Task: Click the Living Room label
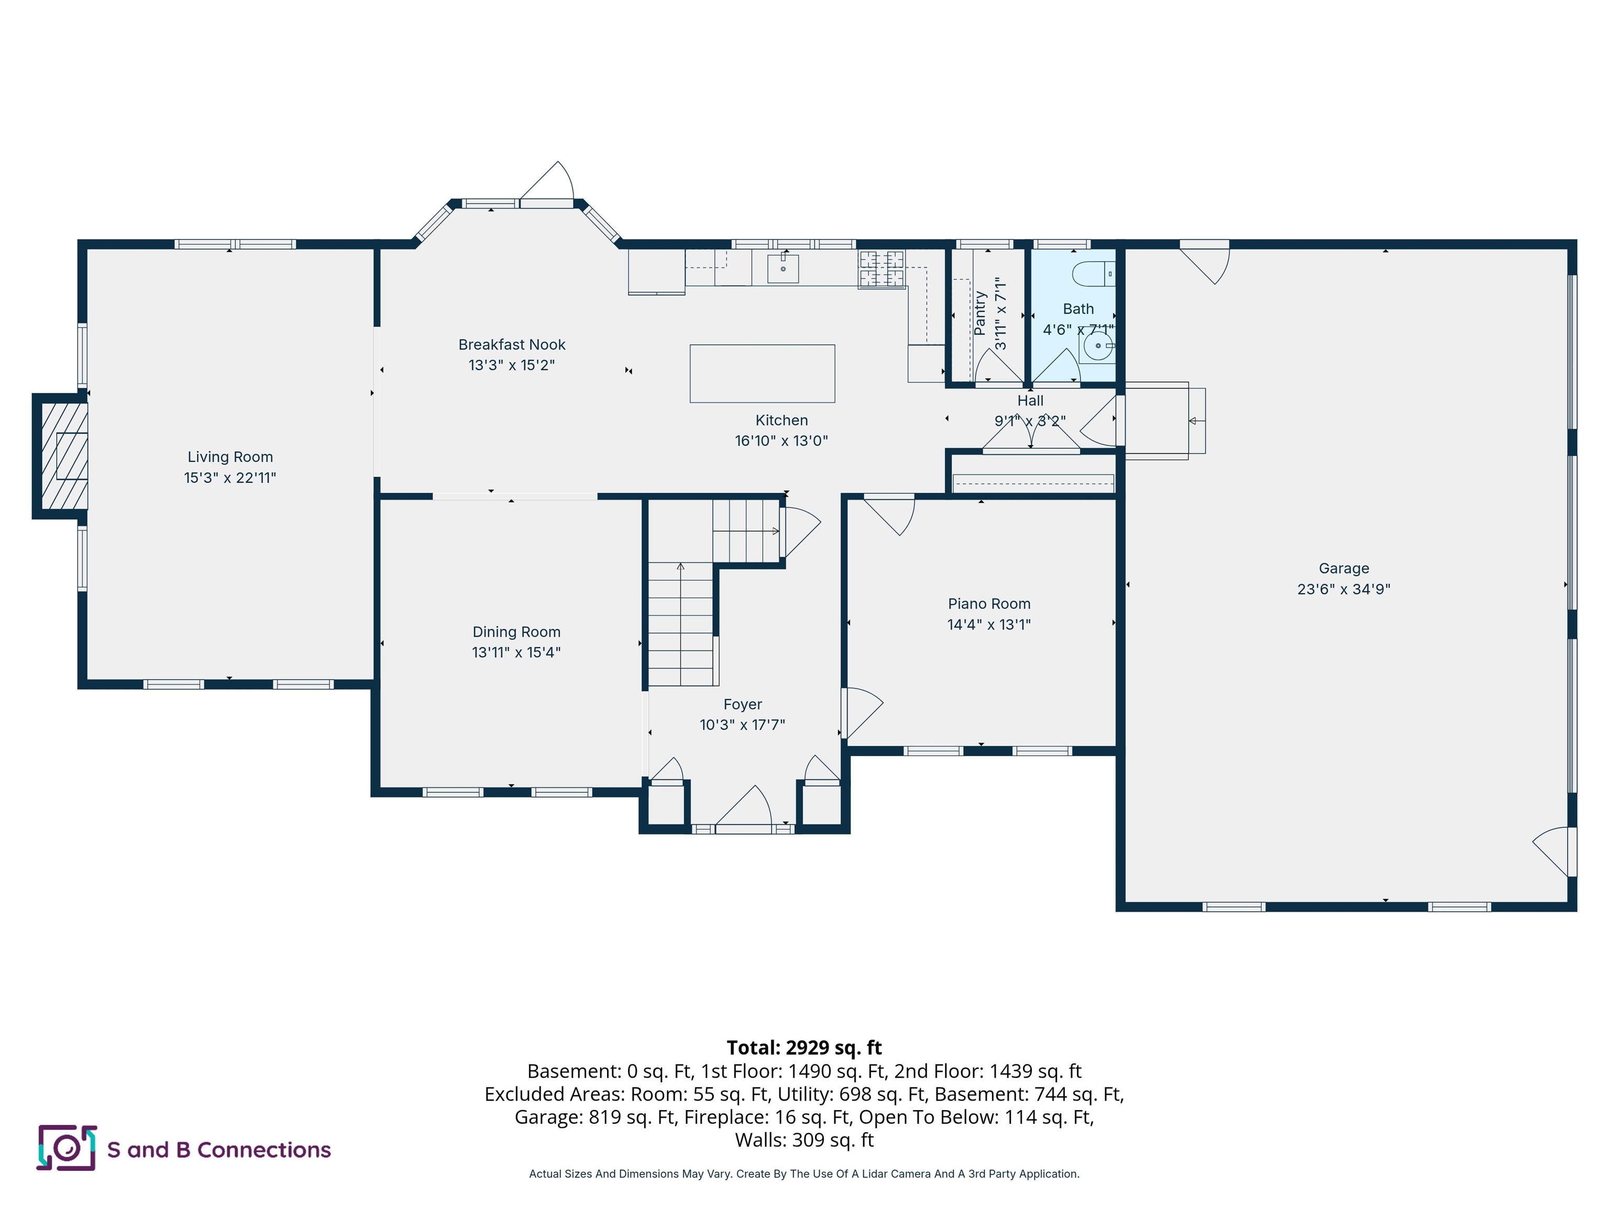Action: pyautogui.click(x=230, y=457)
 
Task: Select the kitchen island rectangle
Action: pyautogui.click(x=762, y=373)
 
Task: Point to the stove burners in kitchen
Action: pyautogui.click(x=881, y=269)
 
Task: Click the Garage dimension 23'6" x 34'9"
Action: pyautogui.click(x=1343, y=589)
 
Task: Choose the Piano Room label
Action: pyautogui.click(x=988, y=604)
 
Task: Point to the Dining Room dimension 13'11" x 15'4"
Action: pyautogui.click(x=516, y=653)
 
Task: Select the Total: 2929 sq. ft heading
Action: pyautogui.click(x=804, y=1048)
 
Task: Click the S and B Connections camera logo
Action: pyautogui.click(x=67, y=1148)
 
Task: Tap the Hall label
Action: pyautogui.click(x=1030, y=401)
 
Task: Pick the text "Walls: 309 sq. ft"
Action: pyautogui.click(x=804, y=1140)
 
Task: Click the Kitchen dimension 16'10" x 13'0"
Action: pyautogui.click(x=781, y=441)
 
